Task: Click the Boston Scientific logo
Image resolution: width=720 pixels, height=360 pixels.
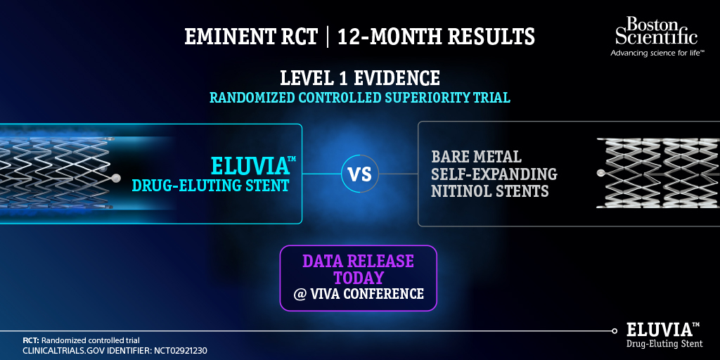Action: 656,32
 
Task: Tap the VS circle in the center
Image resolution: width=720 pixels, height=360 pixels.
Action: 360,174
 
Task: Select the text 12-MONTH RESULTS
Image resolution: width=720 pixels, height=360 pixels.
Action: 436,37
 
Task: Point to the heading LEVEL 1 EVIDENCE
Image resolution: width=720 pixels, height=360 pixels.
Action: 360,78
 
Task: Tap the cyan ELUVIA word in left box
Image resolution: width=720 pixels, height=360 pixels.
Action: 250,167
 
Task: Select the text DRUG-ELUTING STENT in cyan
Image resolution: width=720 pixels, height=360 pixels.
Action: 210,186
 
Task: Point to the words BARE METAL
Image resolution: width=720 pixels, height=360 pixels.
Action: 476,156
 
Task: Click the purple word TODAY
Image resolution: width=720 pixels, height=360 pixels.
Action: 359,277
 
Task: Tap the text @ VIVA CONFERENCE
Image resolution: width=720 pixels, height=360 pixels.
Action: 359,294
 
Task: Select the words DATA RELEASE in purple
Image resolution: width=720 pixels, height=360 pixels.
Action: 359,261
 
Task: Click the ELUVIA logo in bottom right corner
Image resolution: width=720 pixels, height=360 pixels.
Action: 664,335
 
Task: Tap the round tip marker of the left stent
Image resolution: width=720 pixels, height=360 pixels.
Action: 116,179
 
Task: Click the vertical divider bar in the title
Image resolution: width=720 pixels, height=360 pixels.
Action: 328,37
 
